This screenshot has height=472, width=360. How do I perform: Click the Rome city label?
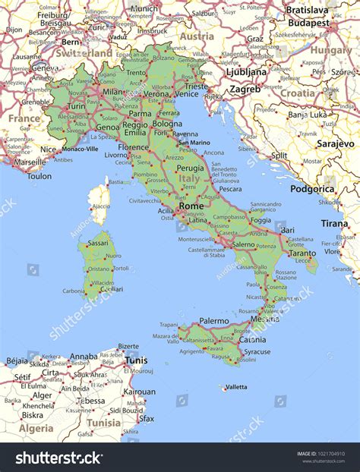(x=191, y=206)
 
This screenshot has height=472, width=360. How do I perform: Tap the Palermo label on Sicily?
(x=213, y=321)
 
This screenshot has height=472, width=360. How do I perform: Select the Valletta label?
(x=235, y=387)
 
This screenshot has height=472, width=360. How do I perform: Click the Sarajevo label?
(x=335, y=143)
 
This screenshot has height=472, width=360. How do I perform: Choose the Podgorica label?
(x=312, y=188)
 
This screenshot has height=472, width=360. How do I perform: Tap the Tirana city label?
(x=334, y=223)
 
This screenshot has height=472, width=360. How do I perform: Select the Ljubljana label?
(x=246, y=72)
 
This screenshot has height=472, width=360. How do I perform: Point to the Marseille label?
(x=29, y=162)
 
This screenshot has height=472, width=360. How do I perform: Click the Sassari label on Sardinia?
(x=97, y=243)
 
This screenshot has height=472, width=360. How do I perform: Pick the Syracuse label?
(x=256, y=351)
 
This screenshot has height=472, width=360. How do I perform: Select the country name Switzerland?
(x=84, y=54)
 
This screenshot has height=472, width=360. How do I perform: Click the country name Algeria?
(x=36, y=428)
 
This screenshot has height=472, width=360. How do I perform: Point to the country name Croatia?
(x=297, y=93)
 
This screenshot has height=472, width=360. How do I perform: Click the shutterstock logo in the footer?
(x=60, y=457)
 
